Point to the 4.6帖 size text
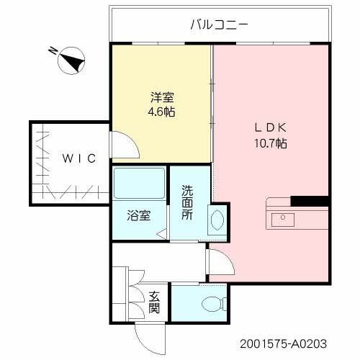point(161,112)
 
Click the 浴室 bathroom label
point(139,215)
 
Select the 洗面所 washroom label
point(187,203)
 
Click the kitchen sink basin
point(282,217)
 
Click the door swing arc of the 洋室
point(127,148)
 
